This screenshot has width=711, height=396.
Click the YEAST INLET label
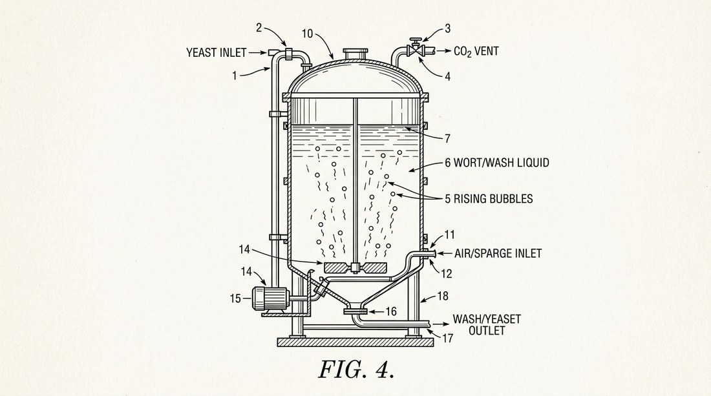click(217, 52)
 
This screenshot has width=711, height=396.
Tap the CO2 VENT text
click(476, 51)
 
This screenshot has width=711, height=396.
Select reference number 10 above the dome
click(308, 34)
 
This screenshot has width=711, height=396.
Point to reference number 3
click(447, 29)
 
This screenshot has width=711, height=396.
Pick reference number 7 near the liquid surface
click(447, 138)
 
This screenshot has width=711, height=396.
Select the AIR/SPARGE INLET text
click(498, 253)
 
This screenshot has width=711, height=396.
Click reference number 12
click(447, 274)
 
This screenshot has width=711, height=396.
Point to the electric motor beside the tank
click(271, 298)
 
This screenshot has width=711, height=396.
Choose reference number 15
click(235, 298)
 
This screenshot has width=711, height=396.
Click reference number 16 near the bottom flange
click(391, 311)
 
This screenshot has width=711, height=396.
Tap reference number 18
click(443, 296)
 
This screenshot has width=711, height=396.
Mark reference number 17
click(447, 339)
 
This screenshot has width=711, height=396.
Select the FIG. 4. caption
click(356, 370)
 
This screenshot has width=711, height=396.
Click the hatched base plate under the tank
click(355, 342)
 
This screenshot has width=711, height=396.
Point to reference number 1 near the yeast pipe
click(235, 76)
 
